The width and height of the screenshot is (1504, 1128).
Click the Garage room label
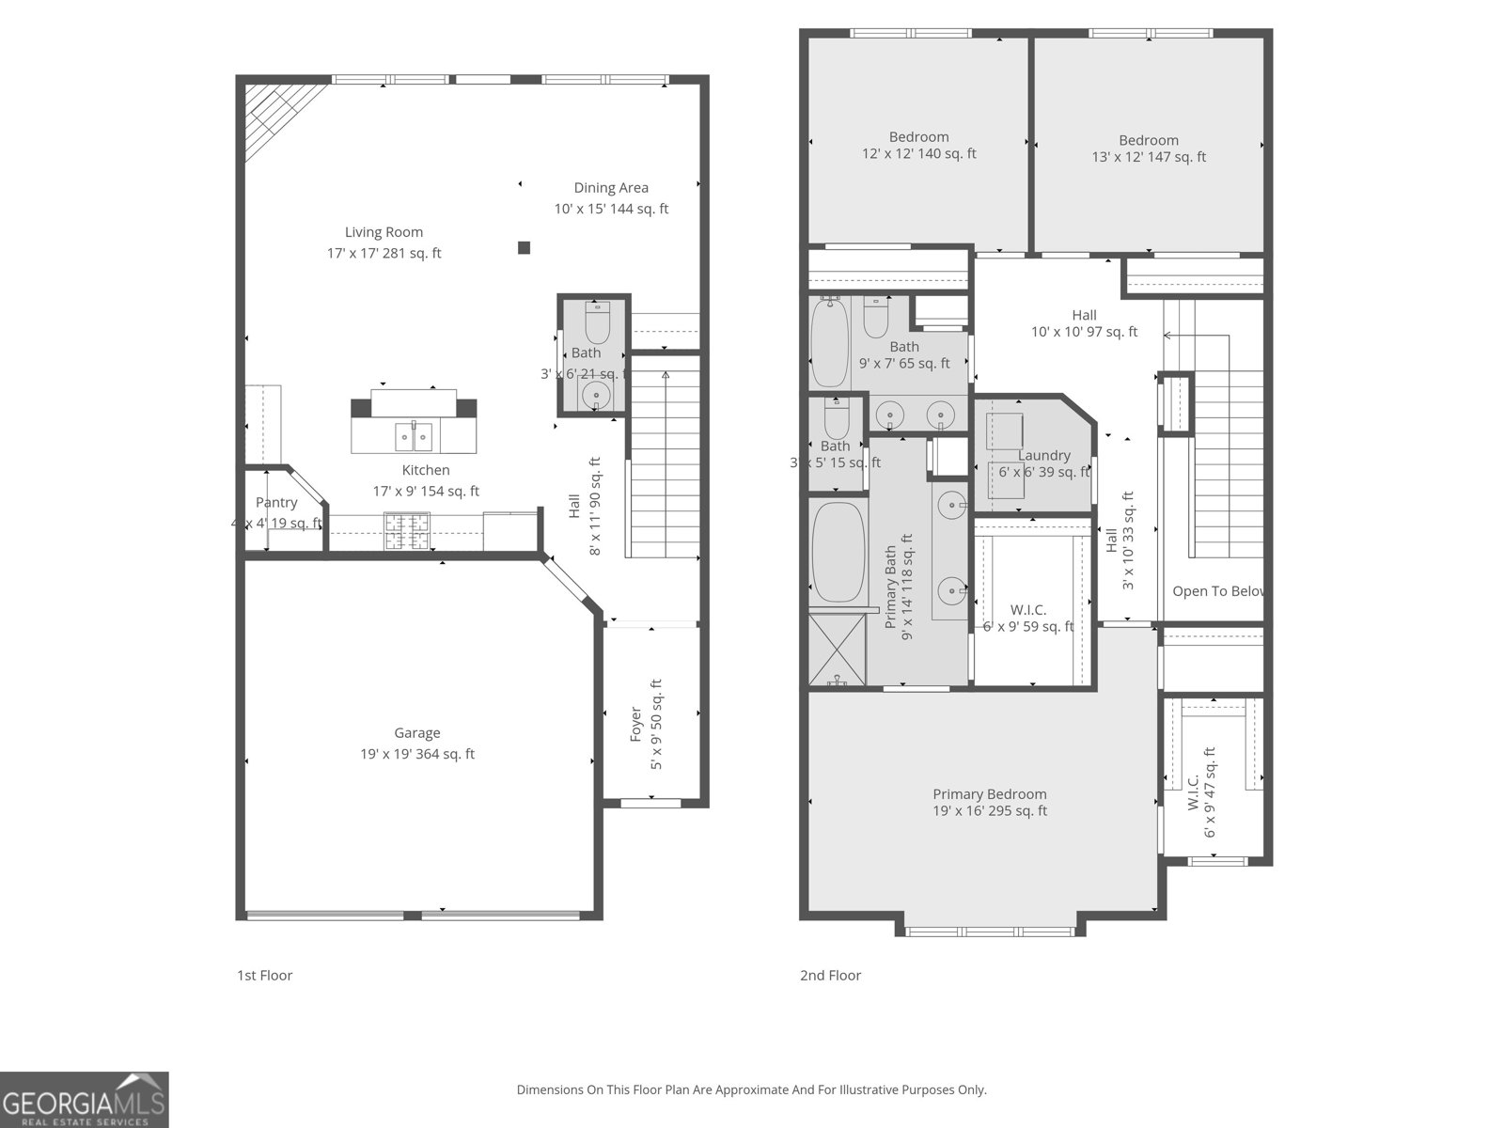tap(416, 733)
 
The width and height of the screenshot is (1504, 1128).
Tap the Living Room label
tap(384, 232)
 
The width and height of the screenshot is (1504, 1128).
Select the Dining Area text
tap(611, 188)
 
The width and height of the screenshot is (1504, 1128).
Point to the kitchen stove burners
tap(406, 531)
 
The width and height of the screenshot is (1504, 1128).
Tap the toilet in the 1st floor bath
tap(597, 323)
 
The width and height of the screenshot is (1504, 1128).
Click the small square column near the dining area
tap(525, 248)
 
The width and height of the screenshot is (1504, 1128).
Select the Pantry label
tap(276, 503)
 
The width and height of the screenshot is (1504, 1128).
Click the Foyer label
tap(635, 724)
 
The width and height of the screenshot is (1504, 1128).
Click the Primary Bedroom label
tap(989, 794)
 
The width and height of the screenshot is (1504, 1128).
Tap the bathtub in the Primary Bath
tap(838, 553)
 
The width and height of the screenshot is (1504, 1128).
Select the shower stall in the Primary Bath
tap(837, 649)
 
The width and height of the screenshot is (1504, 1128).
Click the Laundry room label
tap(1043, 456)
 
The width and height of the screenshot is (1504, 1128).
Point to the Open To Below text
tap(1216, 591)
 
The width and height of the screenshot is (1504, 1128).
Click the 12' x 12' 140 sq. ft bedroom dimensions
tap(918, 154)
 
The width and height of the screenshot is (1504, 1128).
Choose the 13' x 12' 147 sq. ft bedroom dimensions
tap(1148, 158)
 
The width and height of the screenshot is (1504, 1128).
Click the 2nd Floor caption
tap(830, 976)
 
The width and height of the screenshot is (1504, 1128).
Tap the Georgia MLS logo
tap(85, 1100)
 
